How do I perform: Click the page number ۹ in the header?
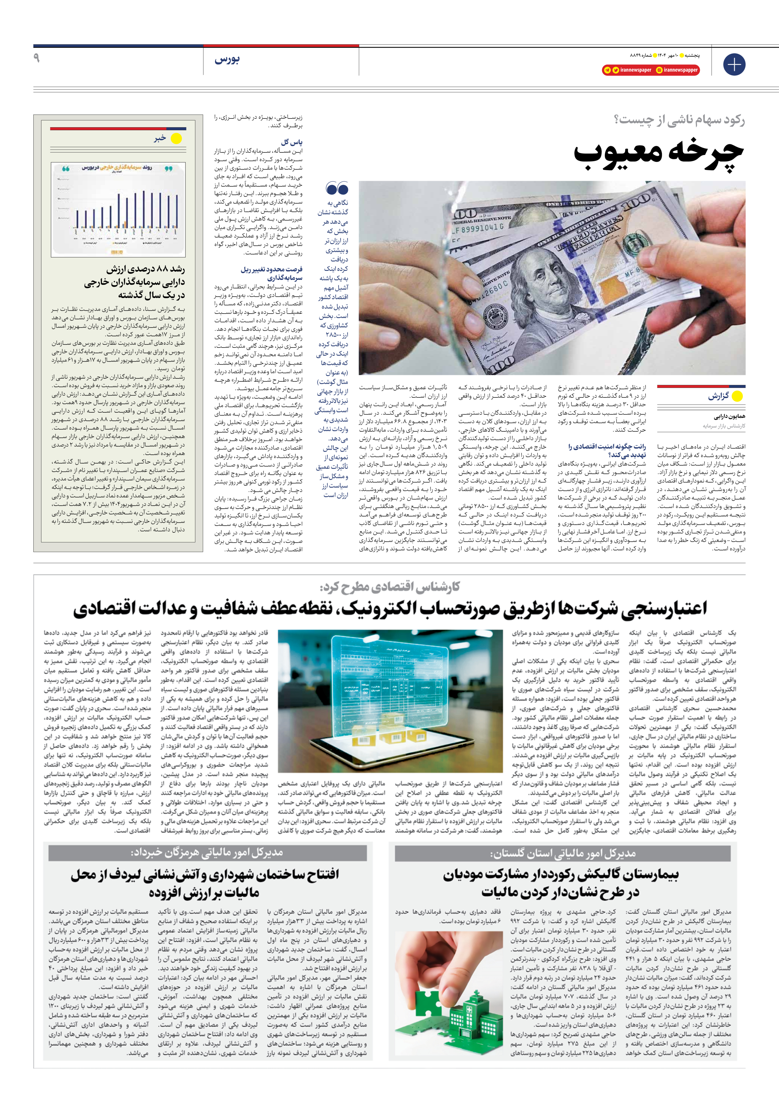pos(36,58)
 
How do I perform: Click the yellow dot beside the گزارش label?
pos(737,396)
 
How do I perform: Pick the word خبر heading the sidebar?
pos(160,139)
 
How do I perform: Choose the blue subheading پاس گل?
pos(292,142)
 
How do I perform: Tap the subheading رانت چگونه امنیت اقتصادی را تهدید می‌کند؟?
pos(607,450)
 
